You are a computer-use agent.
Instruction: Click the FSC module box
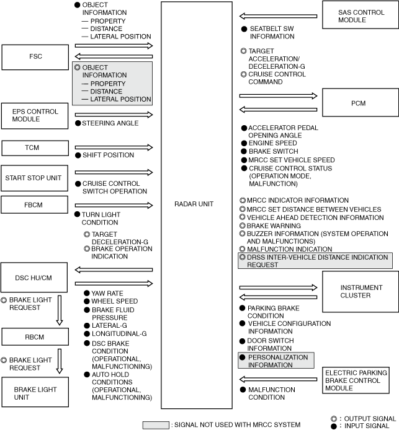pyautogui.click(x=35, y=57)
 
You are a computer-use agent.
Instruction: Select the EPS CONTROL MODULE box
pyautogui.click(x=35, y=116)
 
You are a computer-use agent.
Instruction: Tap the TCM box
pyautogui.click(x=35, y=148)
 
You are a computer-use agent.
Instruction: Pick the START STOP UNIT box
pyautogui.click(x=35, y=178)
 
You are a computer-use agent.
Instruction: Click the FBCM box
pyautogui.click(x=35, y=204)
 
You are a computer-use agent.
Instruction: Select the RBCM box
pyautogui.click(x=35, y=336)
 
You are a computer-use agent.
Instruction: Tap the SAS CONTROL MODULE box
pyautogui.click(x=359, y=15)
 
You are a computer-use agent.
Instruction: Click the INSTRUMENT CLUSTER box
pyautogui.click(x=359, y=291)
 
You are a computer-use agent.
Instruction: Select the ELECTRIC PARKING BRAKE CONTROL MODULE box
pyautogui.click(x=359, y=380)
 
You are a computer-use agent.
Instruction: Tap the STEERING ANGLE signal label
pyautogui.click(x=110, y=123)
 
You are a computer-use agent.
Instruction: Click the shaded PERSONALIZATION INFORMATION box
pyautogui.click(x=276, y=361)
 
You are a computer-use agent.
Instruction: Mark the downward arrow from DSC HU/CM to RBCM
pyautogui.click(x=60, y=310)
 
